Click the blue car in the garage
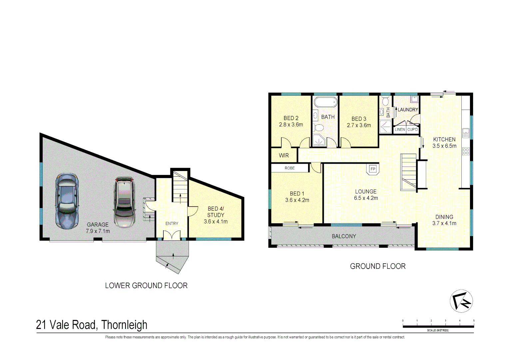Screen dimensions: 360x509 tap(67, 201)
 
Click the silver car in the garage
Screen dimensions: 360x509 tap(124, 202)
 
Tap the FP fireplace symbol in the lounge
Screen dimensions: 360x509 tap(373, 169)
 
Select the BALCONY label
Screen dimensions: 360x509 tap(344, 236)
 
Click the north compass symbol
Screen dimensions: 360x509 tap(461, 301)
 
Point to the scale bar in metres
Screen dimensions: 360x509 tap(438, 326)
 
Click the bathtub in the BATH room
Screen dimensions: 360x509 tap(326, 102)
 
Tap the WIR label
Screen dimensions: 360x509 tap(284, 155)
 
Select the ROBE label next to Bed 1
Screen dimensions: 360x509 tap(289, 168)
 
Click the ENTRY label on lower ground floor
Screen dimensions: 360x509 tap(172, 224)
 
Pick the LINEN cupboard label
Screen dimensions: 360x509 tap(400, 129)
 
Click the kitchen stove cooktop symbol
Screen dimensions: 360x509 tap(466, 151)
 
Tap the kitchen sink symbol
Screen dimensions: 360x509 tap(466, 133)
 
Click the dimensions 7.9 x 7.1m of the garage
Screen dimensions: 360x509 tap(98, 231)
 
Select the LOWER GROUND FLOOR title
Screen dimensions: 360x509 tap(146, 286)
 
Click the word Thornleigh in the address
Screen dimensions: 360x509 tap(124, 325)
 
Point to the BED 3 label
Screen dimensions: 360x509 tap(359, 119)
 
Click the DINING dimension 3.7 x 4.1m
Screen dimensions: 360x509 tap(444, 223)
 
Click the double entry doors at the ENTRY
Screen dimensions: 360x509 tap(172, 235)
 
